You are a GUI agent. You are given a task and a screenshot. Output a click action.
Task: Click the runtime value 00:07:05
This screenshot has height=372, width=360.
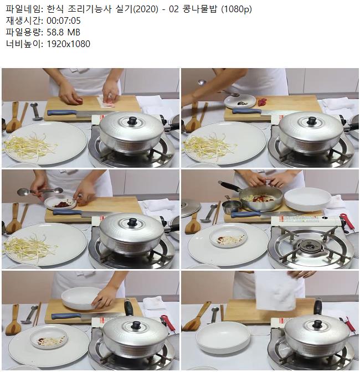[x=64, y=21]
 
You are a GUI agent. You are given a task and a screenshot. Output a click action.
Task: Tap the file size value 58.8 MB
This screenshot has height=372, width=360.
[x=63, y=32]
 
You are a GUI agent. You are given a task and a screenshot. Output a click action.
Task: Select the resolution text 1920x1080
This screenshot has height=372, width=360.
[x=68, y=44]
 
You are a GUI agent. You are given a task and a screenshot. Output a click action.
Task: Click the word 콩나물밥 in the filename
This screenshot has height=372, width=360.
[x=200, y=9]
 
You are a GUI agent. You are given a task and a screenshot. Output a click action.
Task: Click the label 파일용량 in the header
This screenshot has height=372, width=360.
[x=23, y=32]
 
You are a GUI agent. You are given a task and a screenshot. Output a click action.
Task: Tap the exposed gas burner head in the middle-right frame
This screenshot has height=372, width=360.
[x=310, y=246]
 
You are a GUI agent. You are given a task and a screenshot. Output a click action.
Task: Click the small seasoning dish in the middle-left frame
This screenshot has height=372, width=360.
[x=61, y=203]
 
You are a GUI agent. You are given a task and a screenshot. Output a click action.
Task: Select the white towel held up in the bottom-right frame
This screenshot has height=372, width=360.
[x=275, y=291]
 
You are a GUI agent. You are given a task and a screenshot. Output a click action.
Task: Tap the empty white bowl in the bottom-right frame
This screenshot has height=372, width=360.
[x=223, y=338]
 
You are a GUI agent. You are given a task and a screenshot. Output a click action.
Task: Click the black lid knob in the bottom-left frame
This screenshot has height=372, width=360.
[x=136, y=325]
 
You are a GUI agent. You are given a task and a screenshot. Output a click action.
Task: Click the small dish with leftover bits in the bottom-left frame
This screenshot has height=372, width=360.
[x=49, y=337]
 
